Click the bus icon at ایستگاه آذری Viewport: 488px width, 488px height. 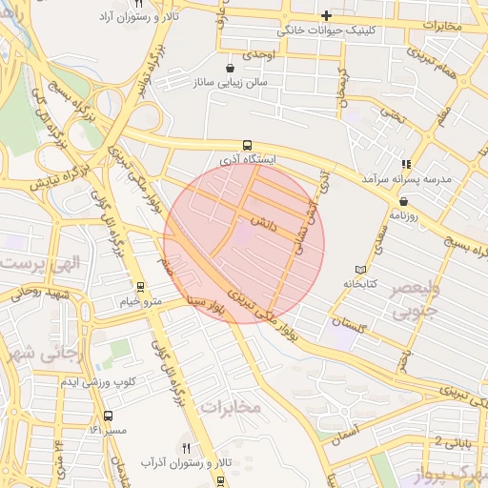(x=248, y=146)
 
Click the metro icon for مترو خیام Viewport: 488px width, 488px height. (x=141, y=287)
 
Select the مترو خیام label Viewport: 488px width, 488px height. (x=141, y=301)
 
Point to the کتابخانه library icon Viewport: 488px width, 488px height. (x=359, y=270)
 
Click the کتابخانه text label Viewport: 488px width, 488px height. (x=359, y=284)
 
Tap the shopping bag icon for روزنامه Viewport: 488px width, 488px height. (x=404, y=201)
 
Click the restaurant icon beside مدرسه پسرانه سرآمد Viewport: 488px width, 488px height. (x=407, y=164)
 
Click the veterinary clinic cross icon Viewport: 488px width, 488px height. (x=326, y=15)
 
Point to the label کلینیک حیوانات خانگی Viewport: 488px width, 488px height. (x=326, y=30)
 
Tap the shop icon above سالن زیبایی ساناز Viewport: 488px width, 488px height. (x=231, y=69)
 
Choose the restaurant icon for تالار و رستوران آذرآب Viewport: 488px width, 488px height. (x=187, y=448)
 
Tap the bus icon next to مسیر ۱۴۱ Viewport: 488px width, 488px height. (x=108, y=417)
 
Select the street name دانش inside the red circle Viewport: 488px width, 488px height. (x=263, y=221)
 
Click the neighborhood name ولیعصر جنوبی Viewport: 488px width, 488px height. (x=416, y=299)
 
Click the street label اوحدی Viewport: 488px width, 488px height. (x=258, y=54)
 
